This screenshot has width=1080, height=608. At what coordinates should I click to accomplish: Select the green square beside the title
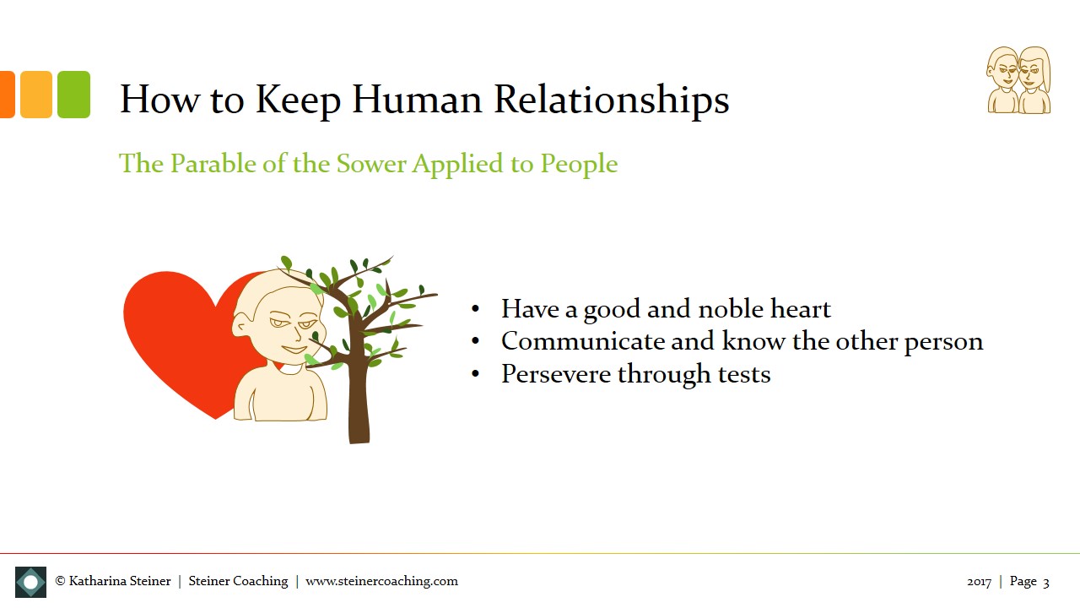[73, 95]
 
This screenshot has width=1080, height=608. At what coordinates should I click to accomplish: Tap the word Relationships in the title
[611, 100]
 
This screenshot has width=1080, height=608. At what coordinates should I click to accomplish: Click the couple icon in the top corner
[1019, 80]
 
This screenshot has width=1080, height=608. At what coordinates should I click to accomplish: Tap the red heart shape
[177, 338]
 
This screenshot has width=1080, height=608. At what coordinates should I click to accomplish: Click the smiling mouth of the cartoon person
[293, 349]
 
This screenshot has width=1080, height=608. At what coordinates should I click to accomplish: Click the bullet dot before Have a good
[476, 310]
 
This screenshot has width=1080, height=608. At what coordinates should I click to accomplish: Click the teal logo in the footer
[30, 582]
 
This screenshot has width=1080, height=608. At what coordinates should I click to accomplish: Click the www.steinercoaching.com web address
[381, 581]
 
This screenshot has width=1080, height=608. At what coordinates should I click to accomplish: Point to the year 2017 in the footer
[979, 582]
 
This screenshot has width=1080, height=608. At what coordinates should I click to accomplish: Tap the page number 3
[1046, 582]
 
